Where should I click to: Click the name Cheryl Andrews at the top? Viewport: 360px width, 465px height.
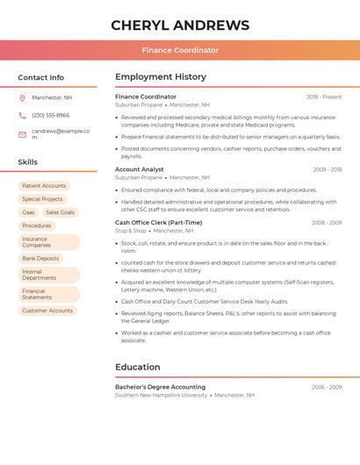(180, 25)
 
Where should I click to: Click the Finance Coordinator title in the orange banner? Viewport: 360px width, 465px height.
(180, 50)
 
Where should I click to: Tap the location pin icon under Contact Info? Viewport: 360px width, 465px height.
(22, 97)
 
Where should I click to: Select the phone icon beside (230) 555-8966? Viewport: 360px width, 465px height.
(22, 115)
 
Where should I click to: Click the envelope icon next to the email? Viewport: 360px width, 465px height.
(22, 133)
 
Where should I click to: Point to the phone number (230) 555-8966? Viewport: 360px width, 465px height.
(50, 115)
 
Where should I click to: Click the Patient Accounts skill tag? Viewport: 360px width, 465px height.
(44, 186)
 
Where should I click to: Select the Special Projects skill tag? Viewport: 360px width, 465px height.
(42, 199)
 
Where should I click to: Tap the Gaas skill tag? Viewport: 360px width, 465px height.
(28, 212)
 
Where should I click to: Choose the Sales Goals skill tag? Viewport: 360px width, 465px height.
(60, 212)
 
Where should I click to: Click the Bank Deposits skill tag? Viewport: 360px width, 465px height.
(40, 259)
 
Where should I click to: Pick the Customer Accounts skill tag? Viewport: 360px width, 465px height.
(47, 311)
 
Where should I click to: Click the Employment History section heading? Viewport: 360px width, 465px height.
(161, 77)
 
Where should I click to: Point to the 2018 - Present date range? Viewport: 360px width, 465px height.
(324, 97)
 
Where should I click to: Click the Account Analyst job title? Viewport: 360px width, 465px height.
(140, 169)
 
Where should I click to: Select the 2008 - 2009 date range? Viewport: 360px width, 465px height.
(327, 223)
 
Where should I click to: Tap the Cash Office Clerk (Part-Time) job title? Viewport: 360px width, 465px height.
(158, 223)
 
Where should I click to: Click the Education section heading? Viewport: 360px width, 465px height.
(138, 368)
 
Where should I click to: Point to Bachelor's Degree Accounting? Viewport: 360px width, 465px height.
(160, 387)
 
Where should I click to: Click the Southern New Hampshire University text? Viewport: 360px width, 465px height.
(161, 396)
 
